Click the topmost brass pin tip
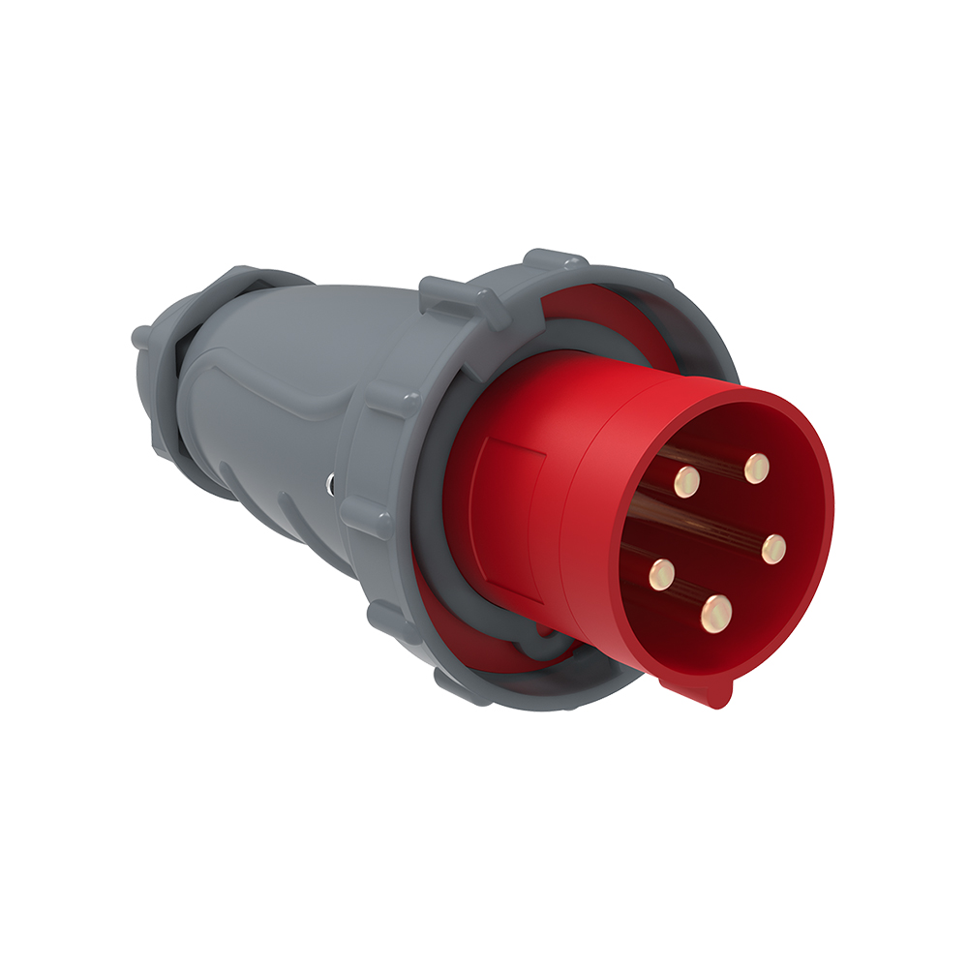(x=756, y=469)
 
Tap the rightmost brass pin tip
(x=772, y=549)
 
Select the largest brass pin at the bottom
(x=716, y=611)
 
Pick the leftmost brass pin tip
(x=662, y=575)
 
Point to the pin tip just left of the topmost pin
(x=687, y=479)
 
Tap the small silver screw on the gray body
(x=332, y=482)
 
